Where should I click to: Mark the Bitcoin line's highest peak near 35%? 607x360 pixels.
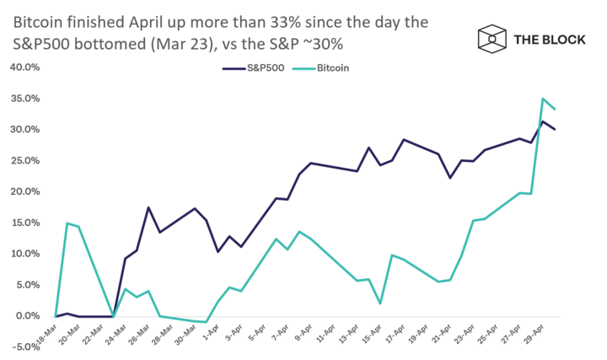542,99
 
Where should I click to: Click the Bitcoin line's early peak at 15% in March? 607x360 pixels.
67,223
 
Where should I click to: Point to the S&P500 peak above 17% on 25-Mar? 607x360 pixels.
148,207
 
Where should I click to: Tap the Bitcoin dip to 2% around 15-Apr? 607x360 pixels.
381,304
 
